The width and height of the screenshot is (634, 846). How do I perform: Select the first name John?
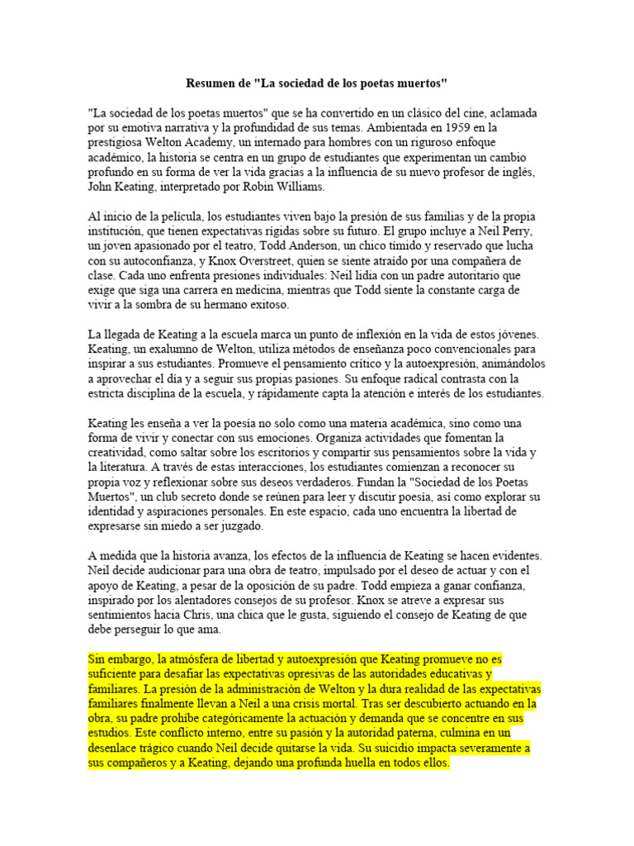coord(102,187)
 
